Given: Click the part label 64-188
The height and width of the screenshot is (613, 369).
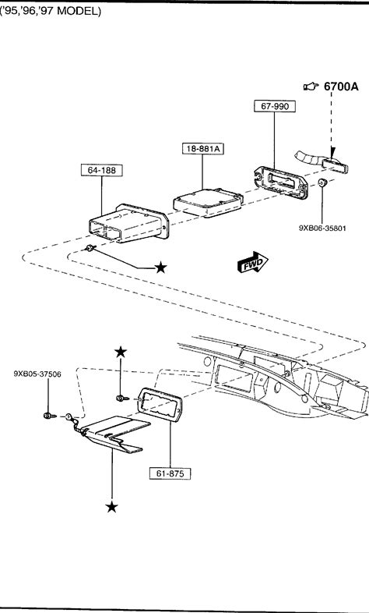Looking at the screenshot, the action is tap(101, 171).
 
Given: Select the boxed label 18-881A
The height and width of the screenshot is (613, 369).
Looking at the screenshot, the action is tap(203, 149).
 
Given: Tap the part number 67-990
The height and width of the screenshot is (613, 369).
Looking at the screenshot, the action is tap(275, 106).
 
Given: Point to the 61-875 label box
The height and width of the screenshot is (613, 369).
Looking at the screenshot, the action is tap(170, 473).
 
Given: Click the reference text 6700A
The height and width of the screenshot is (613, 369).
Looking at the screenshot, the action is tap(341, 87).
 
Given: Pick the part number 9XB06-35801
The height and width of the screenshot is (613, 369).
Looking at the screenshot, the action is tap(322, 228).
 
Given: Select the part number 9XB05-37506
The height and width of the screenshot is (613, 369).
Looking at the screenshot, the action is tap(37, 374).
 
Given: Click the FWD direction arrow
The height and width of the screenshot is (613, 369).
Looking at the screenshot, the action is tap(253, 262).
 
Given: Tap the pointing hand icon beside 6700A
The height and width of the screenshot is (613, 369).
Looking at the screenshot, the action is tap(311, 86).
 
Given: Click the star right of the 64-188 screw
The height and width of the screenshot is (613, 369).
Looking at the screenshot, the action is tap(160, 268).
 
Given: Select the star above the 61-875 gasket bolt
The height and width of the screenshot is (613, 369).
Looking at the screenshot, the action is tap(121, 352).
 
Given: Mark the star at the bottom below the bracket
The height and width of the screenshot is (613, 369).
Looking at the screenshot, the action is tap(111, 507).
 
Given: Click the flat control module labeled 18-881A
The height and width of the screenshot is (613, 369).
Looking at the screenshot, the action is tap(209, 203).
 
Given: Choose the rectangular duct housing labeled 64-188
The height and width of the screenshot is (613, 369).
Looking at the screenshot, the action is tap(128, 223).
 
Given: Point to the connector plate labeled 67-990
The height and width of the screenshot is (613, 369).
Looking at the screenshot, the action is tap(281, 182).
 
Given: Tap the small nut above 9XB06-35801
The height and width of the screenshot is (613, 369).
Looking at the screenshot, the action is tap(322, 182).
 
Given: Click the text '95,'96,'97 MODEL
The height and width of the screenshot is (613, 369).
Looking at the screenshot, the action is tap(51, 12).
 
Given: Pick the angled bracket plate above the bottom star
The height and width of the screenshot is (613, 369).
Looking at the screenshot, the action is tap(113, 433).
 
